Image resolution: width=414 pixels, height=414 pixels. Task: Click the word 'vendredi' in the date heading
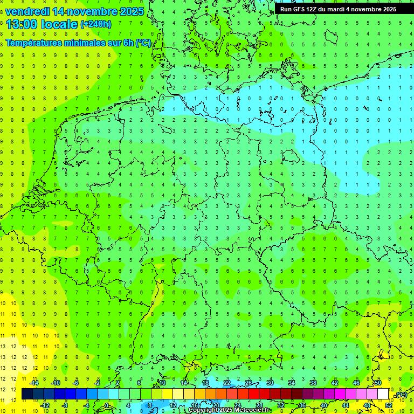pos(27,11)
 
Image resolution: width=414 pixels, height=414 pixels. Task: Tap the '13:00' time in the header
pos(21,24)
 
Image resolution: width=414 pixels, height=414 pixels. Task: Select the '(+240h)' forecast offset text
pos(95,24)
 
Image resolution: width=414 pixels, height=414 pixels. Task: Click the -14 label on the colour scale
pos(34,383)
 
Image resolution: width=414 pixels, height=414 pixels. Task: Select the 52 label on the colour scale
pos(388,405)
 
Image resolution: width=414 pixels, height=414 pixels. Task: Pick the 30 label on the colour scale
pos(270,383)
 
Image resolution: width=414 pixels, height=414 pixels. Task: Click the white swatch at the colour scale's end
pos(383,394)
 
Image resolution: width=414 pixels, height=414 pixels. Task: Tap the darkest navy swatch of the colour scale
pos(27,394)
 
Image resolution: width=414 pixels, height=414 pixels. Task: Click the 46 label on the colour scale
pos(356,383)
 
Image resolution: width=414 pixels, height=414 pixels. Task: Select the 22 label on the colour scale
pos(227,383)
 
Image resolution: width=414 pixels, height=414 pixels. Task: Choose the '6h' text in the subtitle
pos(128,43)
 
